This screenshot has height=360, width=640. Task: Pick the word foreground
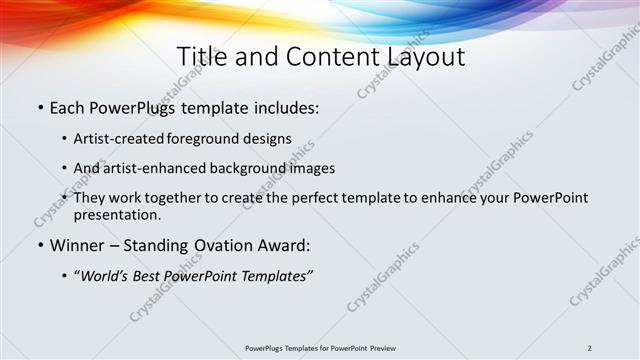[208, 139]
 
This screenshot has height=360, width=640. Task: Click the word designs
[270, 139]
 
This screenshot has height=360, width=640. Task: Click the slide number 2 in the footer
[590, 348]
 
